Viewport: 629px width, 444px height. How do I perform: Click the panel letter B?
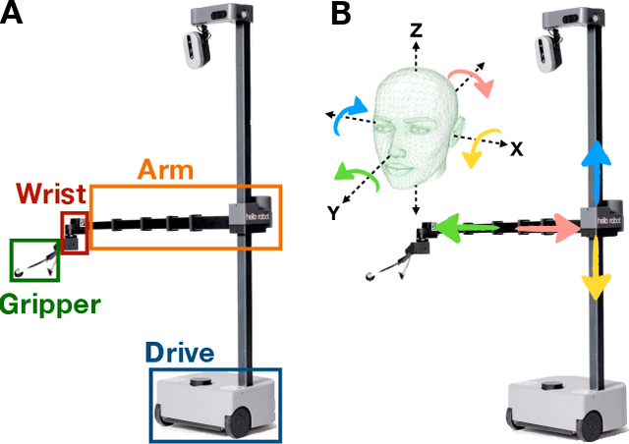339,14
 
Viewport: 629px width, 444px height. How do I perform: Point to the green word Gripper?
50,304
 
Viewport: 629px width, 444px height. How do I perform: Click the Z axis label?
416,31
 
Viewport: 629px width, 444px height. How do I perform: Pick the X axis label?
516,149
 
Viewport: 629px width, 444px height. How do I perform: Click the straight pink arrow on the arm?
550,228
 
